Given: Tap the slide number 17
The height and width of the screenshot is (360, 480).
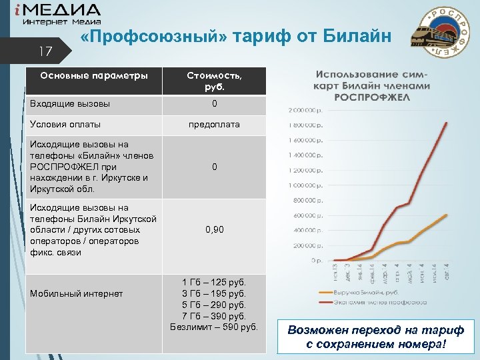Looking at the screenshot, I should [x=45, y=51].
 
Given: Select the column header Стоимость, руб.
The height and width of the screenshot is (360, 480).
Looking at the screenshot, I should [x=214, y=81].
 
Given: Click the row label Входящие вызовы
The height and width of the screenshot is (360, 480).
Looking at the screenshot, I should [x=71, y=104].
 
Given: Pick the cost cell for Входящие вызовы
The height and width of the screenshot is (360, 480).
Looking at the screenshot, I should [x=214, y=104].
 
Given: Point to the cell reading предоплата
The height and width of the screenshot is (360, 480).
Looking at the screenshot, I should [x=214, y=124].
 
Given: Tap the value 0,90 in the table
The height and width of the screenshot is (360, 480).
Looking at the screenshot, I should [x=214, y=229].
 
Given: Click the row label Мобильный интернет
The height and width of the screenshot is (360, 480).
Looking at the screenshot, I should [x=75, y=294].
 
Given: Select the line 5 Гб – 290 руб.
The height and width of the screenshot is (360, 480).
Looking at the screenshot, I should [x=214, y=304].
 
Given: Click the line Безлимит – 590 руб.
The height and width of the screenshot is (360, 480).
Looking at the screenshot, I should [x=214, y=326].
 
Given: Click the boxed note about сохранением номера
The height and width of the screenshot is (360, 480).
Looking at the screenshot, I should [x=375, y=337].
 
